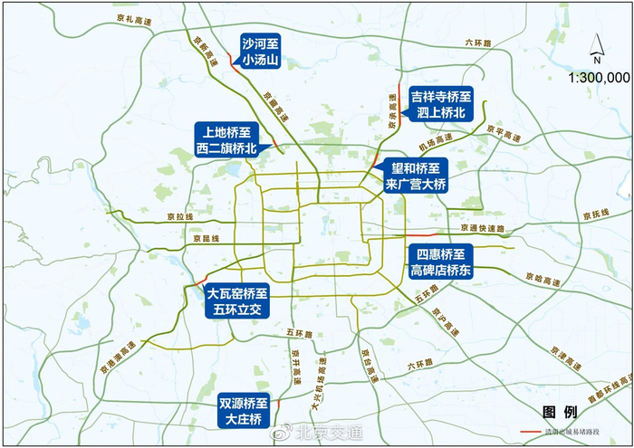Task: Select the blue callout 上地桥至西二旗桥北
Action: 226,140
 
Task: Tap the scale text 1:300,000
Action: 598,78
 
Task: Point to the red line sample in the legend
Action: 538,433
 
